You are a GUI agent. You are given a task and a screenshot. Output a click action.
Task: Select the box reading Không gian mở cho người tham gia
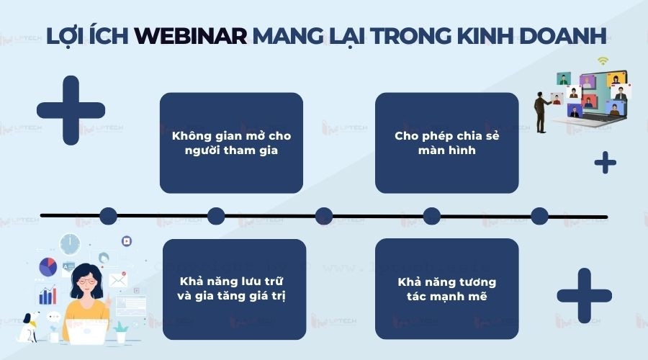click(231, 143)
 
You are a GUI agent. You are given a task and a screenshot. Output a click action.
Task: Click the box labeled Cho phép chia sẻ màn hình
click(446, 143)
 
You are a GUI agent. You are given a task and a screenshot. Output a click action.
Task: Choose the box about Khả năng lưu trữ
click(234, 289)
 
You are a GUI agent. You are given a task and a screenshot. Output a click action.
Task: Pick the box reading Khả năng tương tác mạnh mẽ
click(446, 289)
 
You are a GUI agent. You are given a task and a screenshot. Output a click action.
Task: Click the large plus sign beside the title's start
click(71, 110)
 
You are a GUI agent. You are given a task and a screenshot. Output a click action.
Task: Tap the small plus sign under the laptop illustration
click(605, 163)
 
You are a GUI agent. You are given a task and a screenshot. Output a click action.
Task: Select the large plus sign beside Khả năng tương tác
click(584, 294)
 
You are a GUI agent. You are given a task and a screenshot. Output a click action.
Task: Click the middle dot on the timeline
click(324, 216)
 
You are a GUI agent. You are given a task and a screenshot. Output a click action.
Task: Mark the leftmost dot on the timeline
click(108, 216)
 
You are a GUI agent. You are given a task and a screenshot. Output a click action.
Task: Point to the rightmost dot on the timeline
click(540, 216)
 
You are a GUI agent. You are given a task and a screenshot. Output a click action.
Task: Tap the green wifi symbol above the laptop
click(603, 61)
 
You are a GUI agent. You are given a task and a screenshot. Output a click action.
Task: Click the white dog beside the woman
click(31, 325)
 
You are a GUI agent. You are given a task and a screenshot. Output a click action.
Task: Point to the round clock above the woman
click(70, 244)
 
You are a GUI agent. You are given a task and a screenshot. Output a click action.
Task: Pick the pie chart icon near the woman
click(48, 267)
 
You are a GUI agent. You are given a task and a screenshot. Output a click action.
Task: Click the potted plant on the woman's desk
click(120, 330)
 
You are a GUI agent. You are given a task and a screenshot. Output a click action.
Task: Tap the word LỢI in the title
click(65, 36)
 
